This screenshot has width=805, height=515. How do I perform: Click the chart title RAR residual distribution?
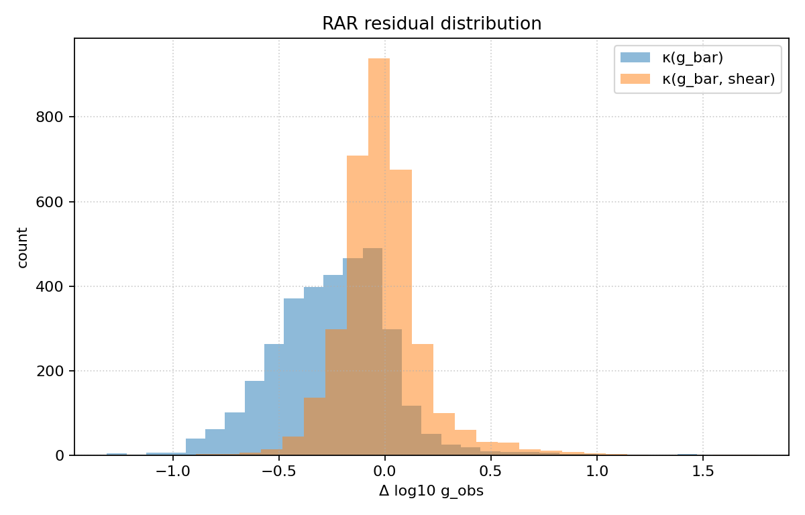point(431,24)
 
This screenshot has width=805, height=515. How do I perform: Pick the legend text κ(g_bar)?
point(692,58)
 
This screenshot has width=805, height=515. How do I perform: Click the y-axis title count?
point(23,247)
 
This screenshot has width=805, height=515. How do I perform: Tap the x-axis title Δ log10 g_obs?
point(431,492)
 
